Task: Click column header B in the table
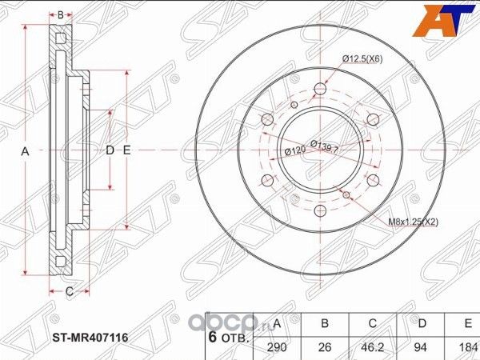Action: pyautogui.click(x=325, y=323)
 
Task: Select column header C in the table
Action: pyautogui.click(x=373, y=323)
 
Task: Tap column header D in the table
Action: pyautogui.click(x=421, y=323)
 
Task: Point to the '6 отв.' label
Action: pyautogui.click(x=229, y=338)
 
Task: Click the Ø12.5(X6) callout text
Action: pyautogui.click(x=361, y=57)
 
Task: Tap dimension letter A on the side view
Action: pyautogui.click(x=25, y=151)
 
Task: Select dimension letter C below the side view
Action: pyautogui.click(x=69, y=290)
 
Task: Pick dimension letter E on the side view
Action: pyautogui.click(x=126, y=150)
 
